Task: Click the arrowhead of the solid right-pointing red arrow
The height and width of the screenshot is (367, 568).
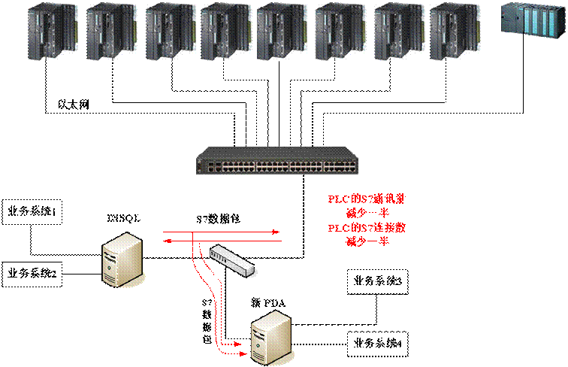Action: point(277,232)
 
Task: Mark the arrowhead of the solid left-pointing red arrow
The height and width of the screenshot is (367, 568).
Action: point(168,241)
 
